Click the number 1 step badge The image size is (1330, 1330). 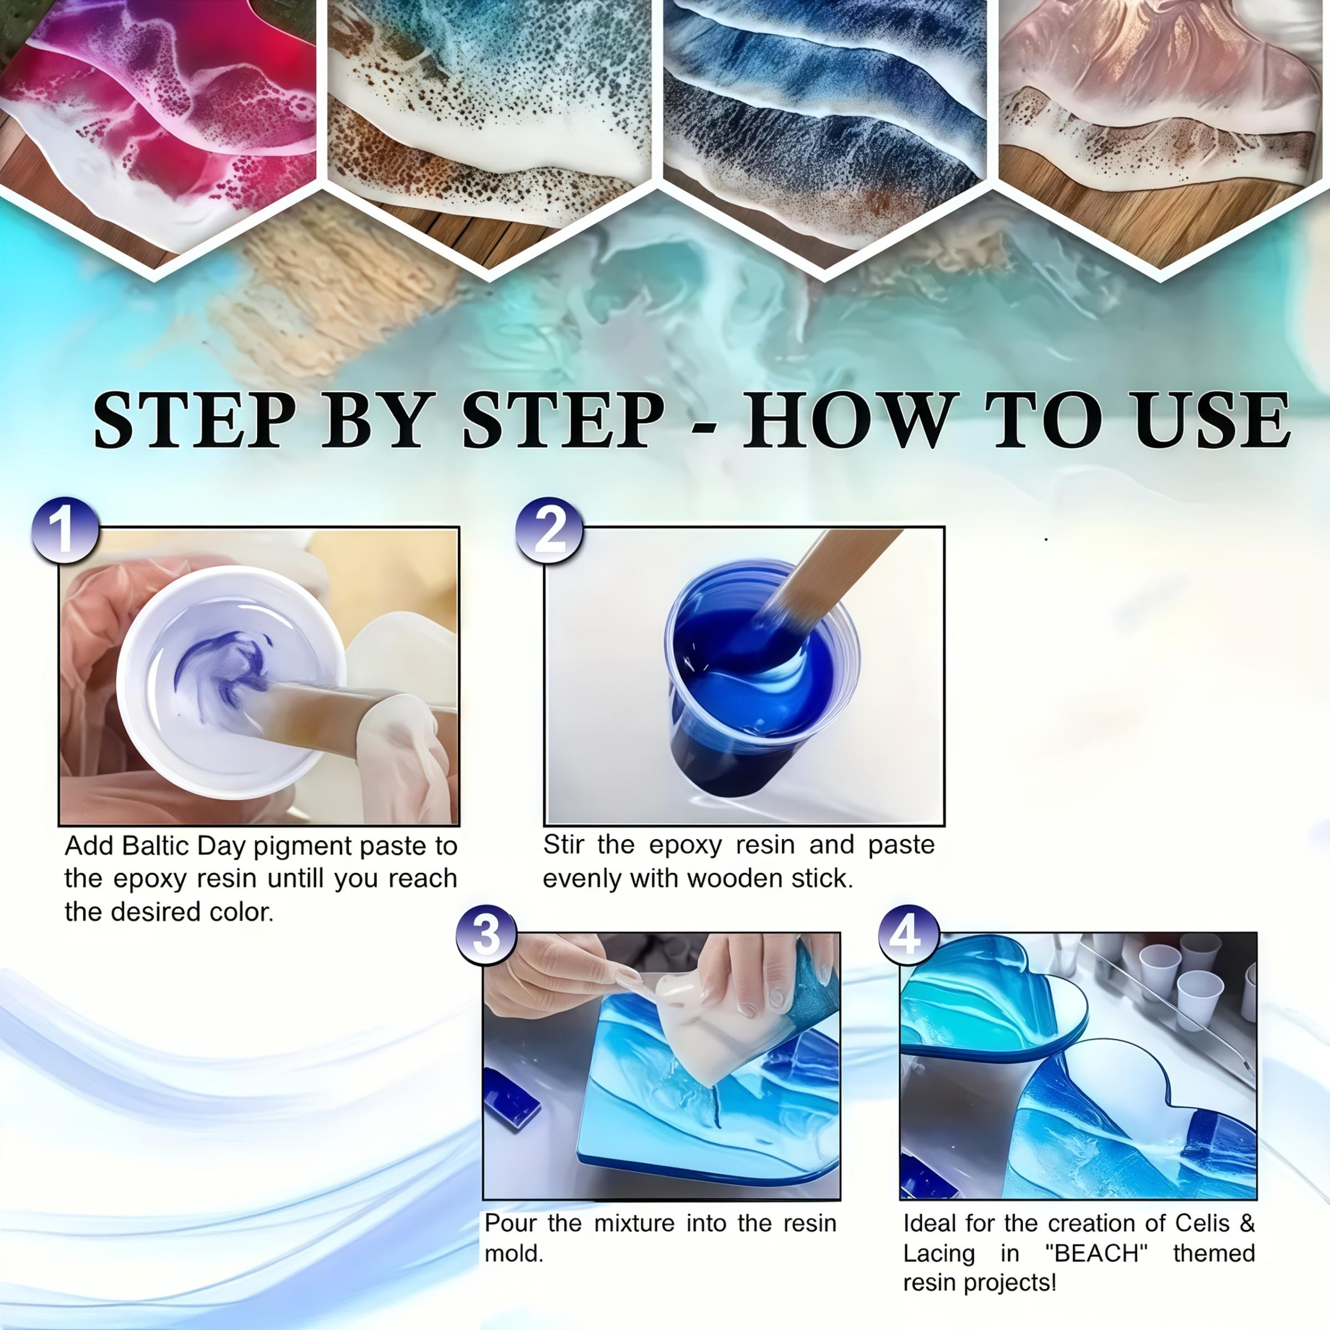tap(65, 530)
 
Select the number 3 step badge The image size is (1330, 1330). tap(487, 935)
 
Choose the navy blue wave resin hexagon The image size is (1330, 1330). tap(826, 103)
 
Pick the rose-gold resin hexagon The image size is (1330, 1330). tap(1163, 103)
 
